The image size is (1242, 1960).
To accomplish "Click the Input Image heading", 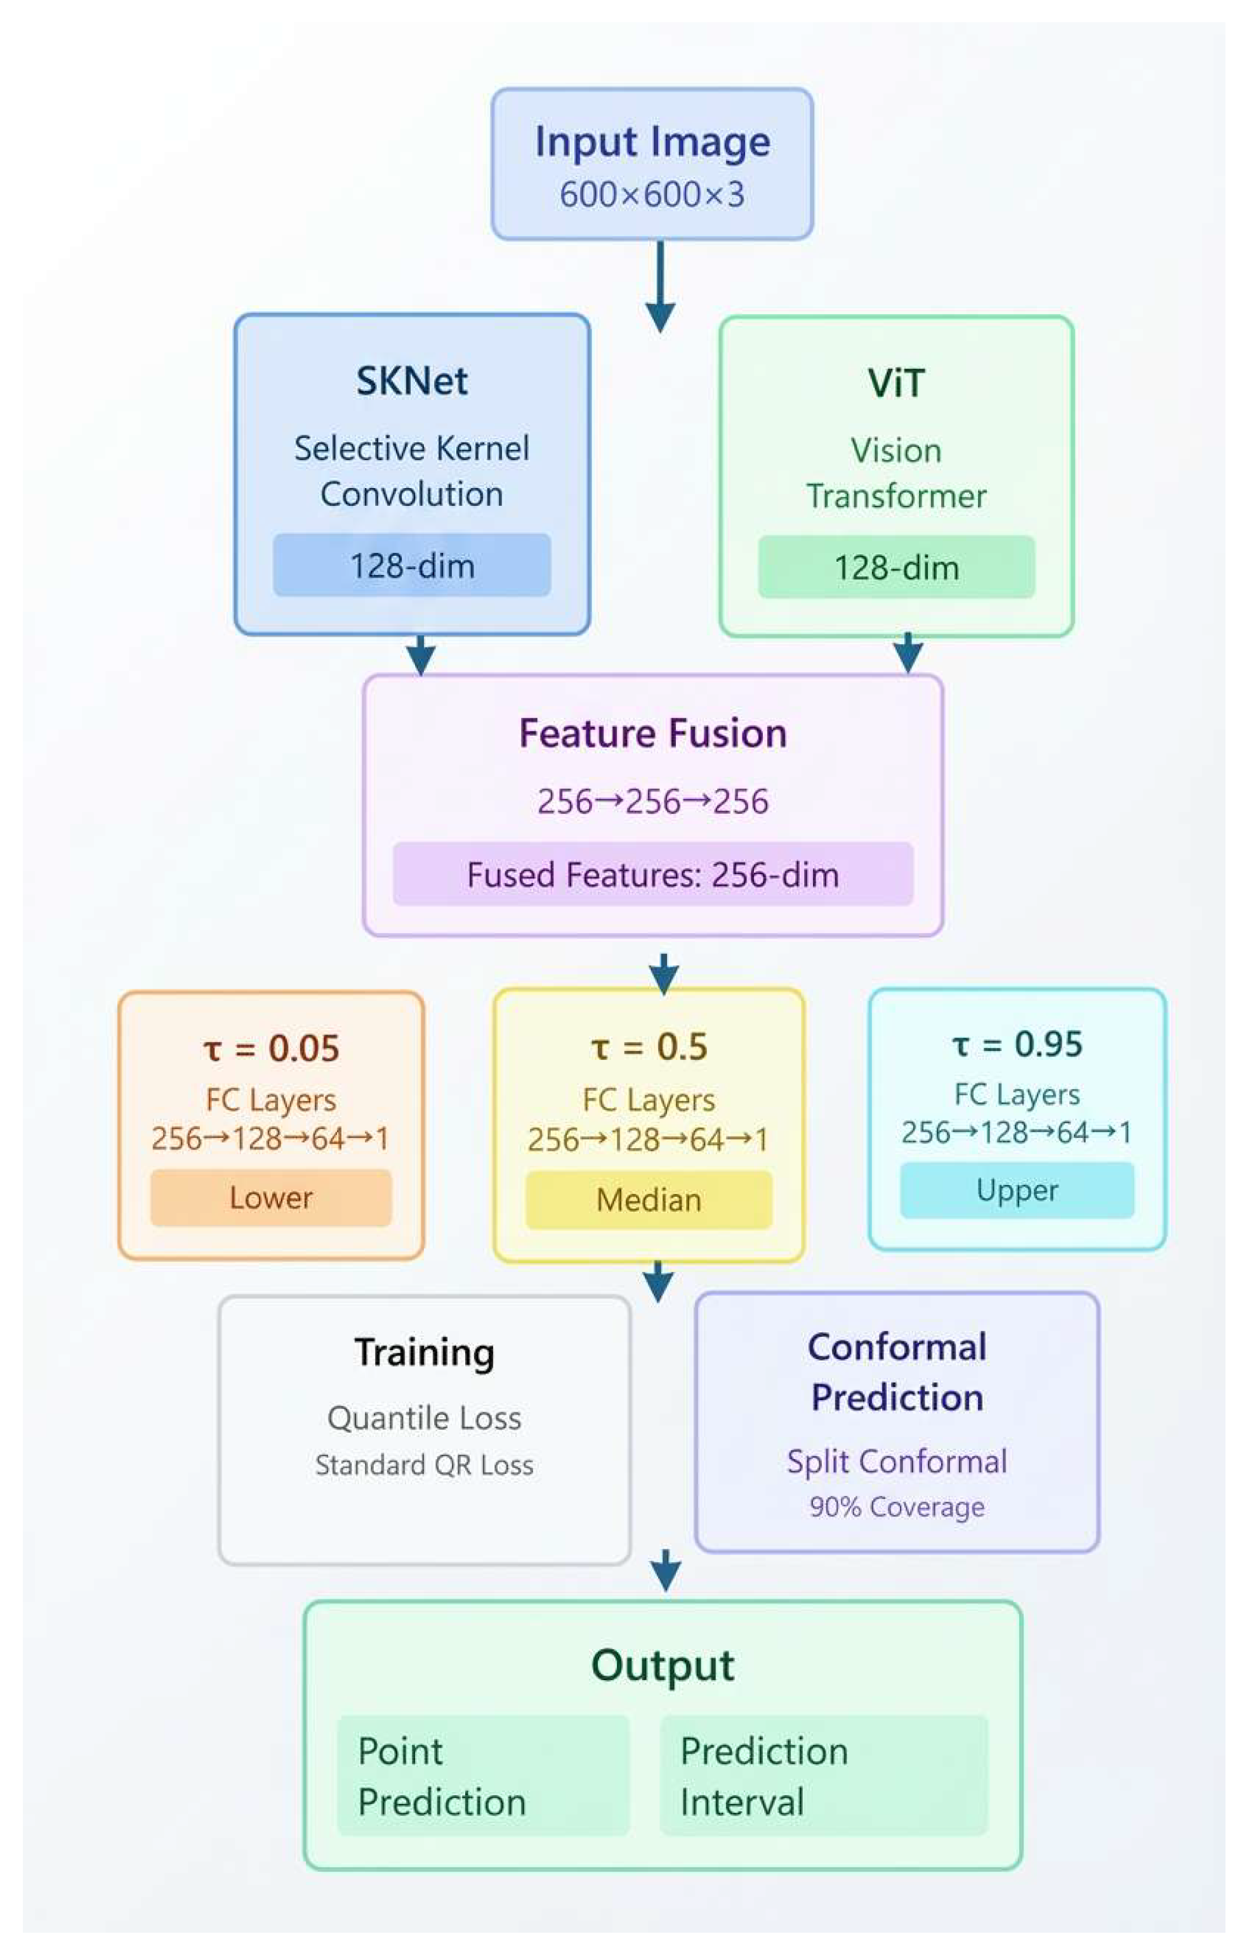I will click(652, 142).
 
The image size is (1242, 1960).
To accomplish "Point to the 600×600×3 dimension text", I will click(652, 194).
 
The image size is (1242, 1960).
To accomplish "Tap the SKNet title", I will click(412, 381).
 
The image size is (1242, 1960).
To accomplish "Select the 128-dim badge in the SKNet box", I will click(412, 566).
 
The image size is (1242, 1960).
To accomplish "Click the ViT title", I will click(896, 383).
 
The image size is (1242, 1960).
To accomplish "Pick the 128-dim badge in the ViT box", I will click(896, 567).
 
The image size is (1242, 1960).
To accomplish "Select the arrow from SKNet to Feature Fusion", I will click(420, 654).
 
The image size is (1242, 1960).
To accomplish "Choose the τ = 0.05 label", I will click(271, 1049).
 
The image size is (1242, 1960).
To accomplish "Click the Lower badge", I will click(271, 1197).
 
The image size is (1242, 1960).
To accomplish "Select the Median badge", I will click(649, 1200).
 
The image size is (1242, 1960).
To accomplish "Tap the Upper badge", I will click(1017, 1190).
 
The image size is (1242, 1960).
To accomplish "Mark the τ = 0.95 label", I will click(1017, 1044).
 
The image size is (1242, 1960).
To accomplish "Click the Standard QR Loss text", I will click(424, 1465).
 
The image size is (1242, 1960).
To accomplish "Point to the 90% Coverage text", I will click(896, 1507).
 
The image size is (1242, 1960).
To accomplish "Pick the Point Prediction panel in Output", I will click(484, 1776).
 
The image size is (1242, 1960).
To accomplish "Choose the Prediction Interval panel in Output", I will click(823, 1776).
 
